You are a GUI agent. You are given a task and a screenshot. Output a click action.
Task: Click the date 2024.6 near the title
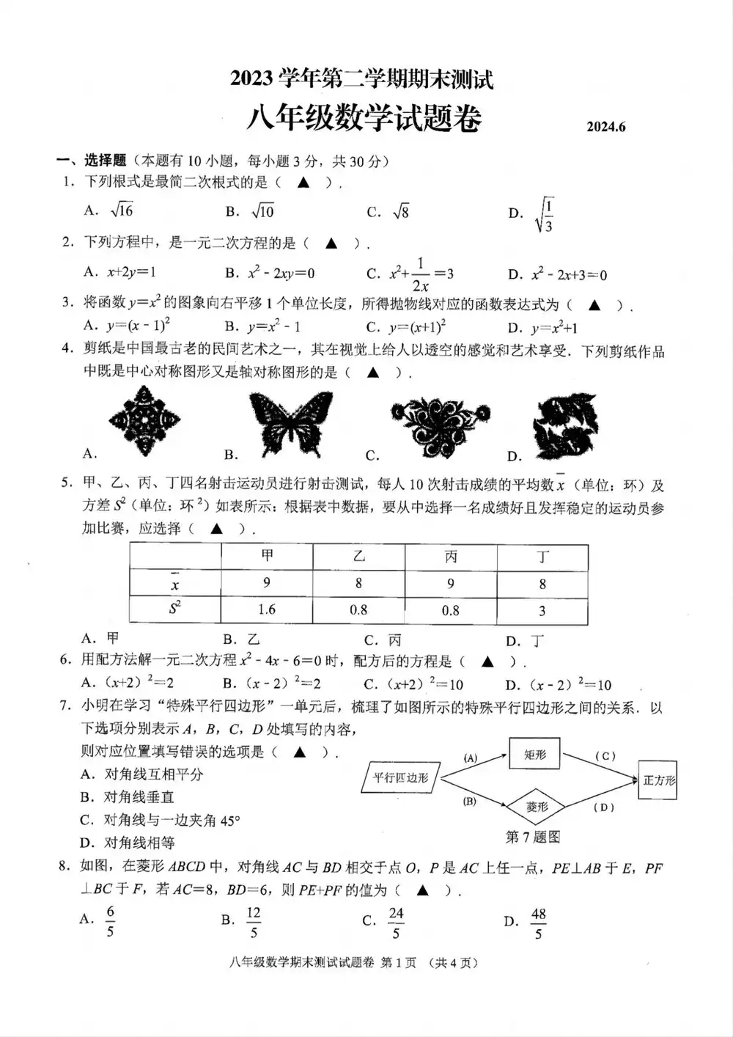[x=605, y=126]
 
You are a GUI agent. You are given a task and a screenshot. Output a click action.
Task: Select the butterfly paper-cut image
[x=290, y=424]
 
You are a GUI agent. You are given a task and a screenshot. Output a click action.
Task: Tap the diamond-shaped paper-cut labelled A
[x=144, y=421]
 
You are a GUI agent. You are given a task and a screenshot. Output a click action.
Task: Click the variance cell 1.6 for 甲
[x=267, y=609]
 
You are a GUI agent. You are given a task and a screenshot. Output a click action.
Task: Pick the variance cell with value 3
[x=542, y=611]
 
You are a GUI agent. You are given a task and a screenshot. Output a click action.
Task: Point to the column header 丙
[x=450, y=557]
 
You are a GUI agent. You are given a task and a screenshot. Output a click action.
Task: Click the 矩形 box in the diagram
[x=534, y=755]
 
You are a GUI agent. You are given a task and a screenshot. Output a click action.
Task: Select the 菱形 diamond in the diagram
[x=537, y=807]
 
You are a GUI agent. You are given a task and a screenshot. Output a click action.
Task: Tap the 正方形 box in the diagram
[x=658, y=780]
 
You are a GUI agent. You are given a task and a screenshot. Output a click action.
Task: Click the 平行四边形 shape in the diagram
[x=400, y=777]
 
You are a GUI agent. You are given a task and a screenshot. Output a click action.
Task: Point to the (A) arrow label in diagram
[x=470, y=758]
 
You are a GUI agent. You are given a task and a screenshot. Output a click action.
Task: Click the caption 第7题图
[x=533, y=837]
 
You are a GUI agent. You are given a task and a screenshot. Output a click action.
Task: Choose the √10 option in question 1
[x=262, y=211]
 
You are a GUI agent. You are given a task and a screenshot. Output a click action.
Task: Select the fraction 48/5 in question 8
[x=538, y=923]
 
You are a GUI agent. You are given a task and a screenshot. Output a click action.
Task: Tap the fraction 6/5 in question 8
[x=110, y=922]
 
